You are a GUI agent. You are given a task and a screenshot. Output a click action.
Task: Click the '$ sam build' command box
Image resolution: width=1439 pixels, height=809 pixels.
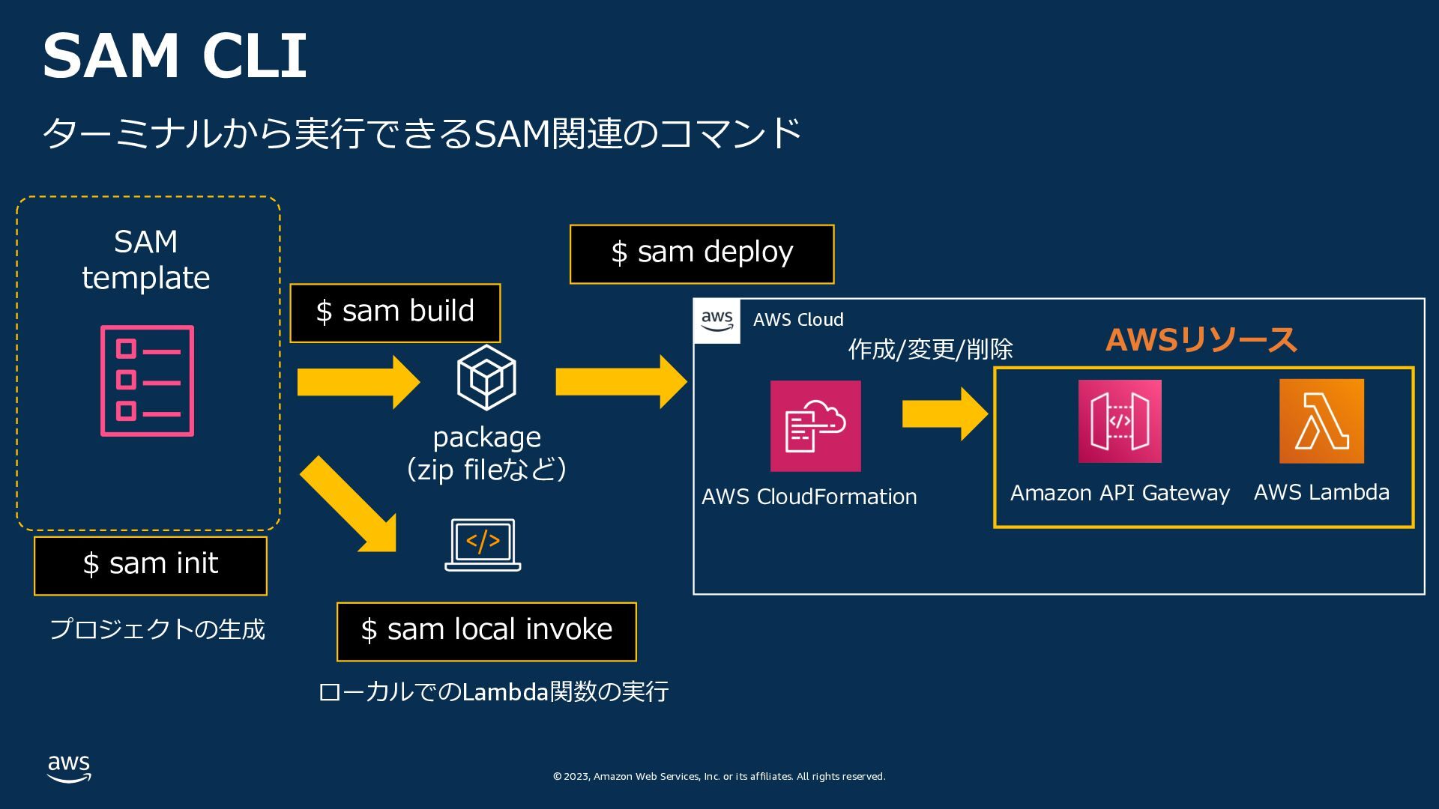tap(395, 312)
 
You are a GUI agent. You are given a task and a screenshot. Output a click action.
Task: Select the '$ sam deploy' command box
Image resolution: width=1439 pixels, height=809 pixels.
tap(702, 254)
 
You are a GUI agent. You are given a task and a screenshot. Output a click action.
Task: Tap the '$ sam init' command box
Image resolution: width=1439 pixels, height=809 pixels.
tap(151, 566)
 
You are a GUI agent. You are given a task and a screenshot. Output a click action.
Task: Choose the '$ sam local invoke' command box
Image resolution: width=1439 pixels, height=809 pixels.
tap(486, 631)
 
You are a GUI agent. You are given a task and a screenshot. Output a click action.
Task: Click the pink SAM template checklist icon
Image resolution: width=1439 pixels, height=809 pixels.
tap(148, 381)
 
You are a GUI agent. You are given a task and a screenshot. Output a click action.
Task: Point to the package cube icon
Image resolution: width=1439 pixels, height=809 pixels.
tap(486, 377)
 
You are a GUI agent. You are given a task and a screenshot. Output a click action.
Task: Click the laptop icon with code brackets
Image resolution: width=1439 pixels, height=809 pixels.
tap(483, 545)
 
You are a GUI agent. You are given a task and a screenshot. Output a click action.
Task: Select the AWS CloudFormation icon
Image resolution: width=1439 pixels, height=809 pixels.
tap(815, 425)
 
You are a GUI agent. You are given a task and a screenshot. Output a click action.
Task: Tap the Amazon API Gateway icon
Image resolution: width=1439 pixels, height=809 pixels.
tap(1120, 421)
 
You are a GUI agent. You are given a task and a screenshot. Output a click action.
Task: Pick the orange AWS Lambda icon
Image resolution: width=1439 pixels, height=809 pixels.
tap(1321, 421)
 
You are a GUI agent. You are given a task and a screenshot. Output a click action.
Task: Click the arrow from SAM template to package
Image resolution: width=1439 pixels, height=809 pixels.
tap(358, 382)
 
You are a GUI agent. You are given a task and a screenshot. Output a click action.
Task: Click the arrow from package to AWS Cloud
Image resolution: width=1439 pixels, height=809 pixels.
tap(621, 382)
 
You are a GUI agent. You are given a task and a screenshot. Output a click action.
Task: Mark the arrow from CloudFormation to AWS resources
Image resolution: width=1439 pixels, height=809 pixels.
tap(944, 413)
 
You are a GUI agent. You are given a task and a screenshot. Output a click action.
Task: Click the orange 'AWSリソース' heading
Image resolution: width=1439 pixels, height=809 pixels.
tap(1201, 340)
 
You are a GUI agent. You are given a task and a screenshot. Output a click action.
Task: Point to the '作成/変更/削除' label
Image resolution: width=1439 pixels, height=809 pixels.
tap(930, 349)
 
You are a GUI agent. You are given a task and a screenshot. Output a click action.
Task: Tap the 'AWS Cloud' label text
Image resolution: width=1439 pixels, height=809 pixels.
tap(798, 320)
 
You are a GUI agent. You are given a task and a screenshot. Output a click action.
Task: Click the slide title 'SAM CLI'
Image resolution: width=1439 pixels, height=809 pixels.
tap(175, 55)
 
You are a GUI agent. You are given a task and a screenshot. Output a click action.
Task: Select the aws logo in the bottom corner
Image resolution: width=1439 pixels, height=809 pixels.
tap(69, 769)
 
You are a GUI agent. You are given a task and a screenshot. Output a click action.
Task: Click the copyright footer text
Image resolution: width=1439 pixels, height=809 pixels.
tap(719, 777)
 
